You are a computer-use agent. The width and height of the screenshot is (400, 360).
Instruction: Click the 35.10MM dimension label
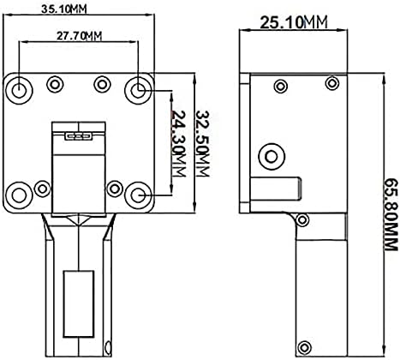[63, 9]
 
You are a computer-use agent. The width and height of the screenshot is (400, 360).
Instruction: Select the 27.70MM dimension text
[79, 36]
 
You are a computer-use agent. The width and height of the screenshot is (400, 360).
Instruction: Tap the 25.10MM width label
[294, 22]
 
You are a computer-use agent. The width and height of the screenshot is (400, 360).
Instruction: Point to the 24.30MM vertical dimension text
[179, 144]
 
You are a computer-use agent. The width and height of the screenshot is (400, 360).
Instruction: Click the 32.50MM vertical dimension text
[203, 144]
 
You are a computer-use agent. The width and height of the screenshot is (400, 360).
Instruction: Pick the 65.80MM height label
[390, 214]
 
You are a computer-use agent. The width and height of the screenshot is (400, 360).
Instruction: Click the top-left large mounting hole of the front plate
[19, 91]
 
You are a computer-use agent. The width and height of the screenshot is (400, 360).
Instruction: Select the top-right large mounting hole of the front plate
[138, 91]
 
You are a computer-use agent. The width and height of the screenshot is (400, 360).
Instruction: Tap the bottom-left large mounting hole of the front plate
[19, 195]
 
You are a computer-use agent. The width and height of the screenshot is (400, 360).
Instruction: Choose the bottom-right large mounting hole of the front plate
[139, 195]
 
